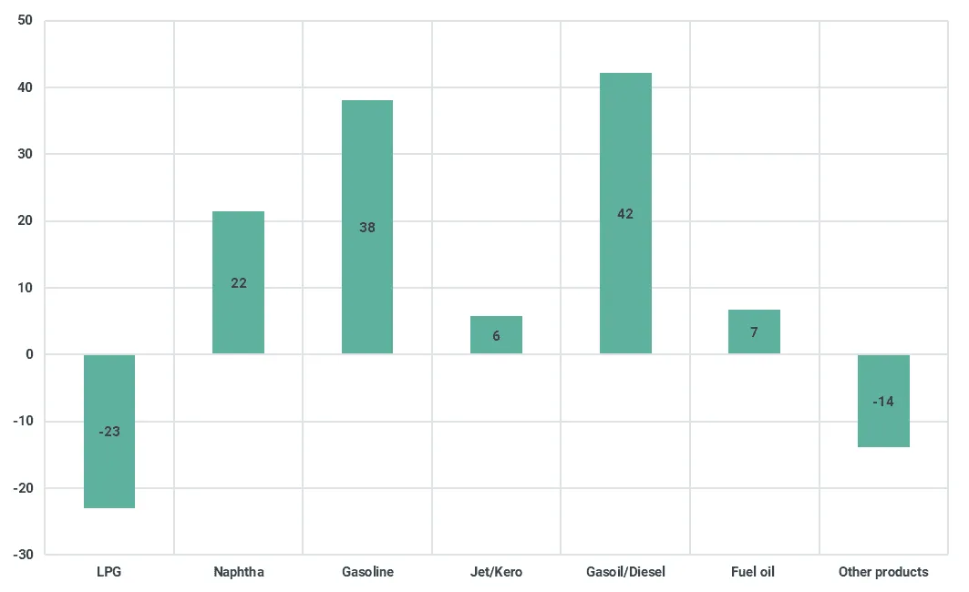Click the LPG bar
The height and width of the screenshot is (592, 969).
109,431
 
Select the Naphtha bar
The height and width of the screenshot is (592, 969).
239,282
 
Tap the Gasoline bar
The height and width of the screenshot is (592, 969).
367,227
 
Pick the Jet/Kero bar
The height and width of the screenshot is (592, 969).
496,334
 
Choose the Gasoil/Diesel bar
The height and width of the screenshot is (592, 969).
625,214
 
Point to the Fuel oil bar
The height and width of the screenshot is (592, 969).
754,332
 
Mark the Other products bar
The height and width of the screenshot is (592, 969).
883,401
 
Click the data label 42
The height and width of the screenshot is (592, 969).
625,214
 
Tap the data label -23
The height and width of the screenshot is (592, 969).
109,432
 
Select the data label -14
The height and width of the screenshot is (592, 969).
883,402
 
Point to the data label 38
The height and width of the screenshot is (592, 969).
367,227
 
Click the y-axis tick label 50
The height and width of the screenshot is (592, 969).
26,20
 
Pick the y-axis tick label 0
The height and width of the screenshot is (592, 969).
30,354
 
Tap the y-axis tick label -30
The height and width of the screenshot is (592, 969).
24,555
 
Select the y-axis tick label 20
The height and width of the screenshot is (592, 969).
26,220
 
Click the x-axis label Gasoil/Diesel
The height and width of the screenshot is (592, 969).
625,572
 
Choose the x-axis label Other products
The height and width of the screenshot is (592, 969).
883,572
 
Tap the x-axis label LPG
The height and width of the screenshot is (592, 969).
109,572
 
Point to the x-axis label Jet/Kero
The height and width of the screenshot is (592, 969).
496,572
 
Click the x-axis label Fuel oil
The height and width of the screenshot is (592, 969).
753,572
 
